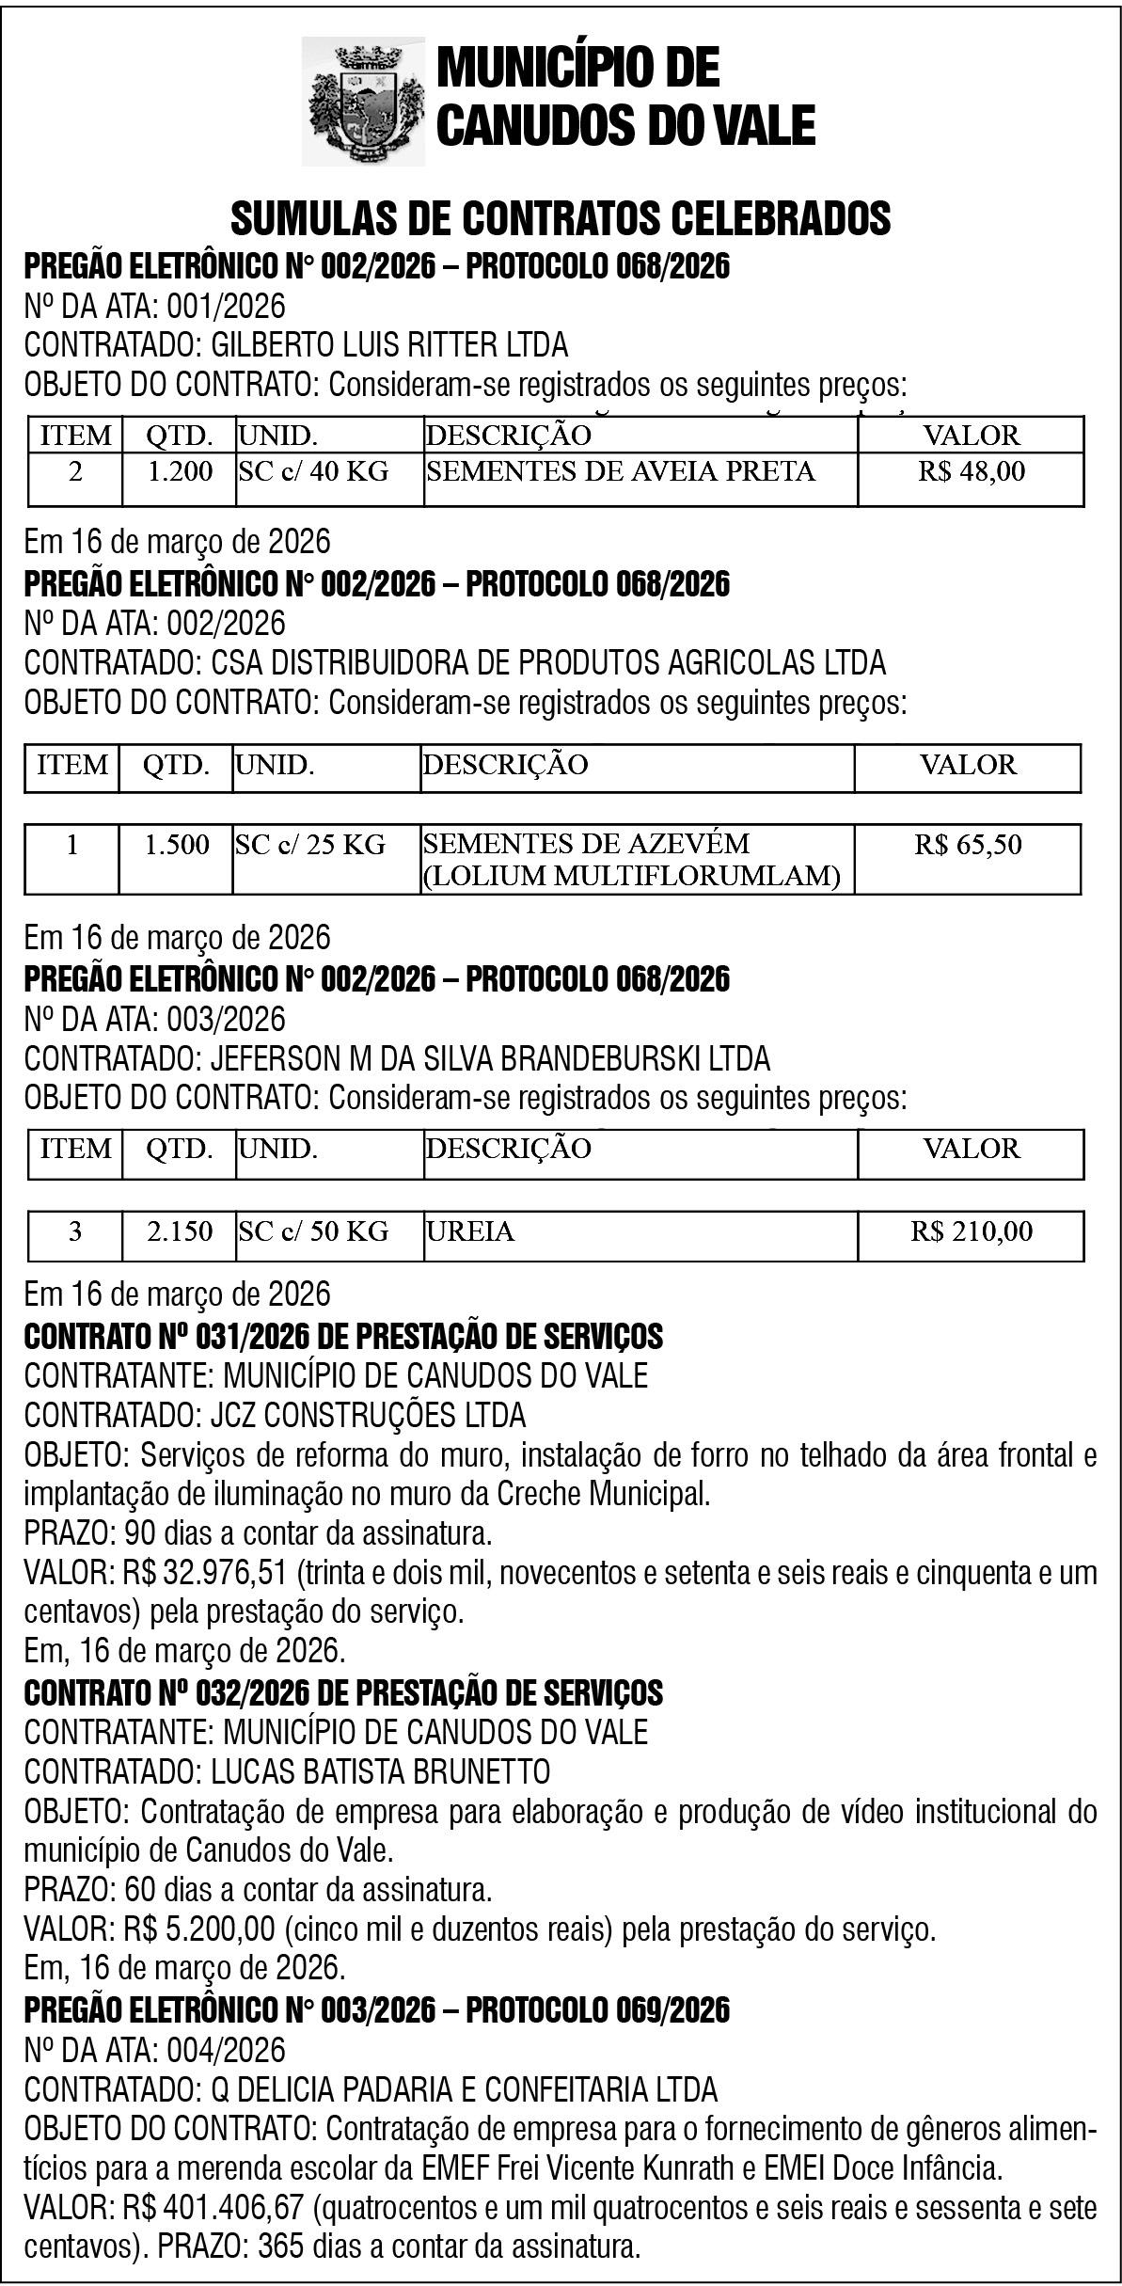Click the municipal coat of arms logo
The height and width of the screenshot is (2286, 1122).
[x=363, y=102]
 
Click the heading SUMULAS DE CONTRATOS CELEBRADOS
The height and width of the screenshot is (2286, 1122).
[x=561, y=218]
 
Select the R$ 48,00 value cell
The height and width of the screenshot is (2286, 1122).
[x=971, y=471]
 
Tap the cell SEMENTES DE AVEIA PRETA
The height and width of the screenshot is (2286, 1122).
[x=621, y=471]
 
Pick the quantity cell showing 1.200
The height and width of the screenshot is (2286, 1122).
[x=180, y=471]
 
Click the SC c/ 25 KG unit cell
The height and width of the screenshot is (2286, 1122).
[x=310, y=845]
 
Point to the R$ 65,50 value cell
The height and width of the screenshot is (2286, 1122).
[x=967, y=845]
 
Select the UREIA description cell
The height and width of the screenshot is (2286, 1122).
[x=470, y=1231]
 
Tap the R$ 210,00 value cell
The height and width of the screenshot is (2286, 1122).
[x=971, y=1231]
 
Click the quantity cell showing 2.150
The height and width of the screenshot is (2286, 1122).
[x=180, y=1231]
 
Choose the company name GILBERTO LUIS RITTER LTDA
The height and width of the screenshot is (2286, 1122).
[x=389, y=346]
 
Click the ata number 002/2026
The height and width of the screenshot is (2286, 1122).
[x=226, y=624]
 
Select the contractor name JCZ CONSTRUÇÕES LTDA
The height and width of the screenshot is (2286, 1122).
[x=368, y=1415]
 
